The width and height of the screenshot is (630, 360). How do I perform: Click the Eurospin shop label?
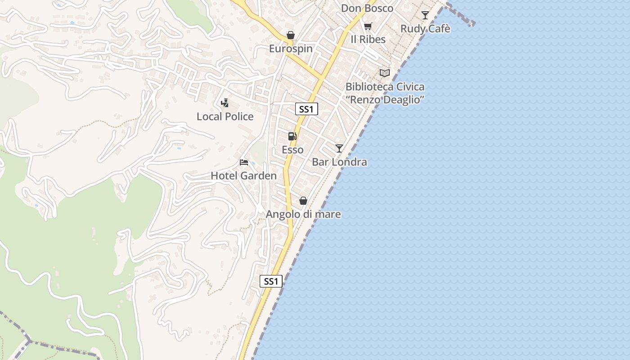(291, 49)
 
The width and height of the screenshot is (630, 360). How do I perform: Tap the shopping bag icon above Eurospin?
(291, 35)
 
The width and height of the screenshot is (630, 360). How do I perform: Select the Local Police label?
(225, 117)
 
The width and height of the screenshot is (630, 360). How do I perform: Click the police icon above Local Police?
(225, 103)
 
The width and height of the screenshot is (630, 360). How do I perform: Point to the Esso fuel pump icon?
(292, 136)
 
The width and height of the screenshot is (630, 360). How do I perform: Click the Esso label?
(292, 150)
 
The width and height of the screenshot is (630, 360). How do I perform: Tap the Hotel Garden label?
(243, 175)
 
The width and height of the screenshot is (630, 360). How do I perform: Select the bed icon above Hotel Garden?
(244, 162)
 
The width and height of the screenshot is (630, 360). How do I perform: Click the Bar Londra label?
(339, 162)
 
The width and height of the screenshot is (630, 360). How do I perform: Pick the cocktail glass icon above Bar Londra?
(339, 148)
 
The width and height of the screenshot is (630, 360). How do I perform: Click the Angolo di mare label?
(303, 214)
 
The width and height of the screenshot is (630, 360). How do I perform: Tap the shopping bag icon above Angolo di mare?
(303, 201)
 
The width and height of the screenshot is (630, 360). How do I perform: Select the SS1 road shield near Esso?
(307, 109)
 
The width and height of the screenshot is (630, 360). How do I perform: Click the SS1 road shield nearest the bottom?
(271, 281)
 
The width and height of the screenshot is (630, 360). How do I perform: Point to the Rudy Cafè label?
(425, 29)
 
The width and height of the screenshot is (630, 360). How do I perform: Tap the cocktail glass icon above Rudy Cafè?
(425, 15)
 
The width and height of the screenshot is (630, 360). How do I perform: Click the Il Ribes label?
(368, 40)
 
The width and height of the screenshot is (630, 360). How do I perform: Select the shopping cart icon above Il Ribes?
(368, 26)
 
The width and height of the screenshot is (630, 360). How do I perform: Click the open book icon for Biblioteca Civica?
(385, 73)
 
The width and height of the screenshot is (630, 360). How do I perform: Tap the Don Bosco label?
(367, 8)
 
